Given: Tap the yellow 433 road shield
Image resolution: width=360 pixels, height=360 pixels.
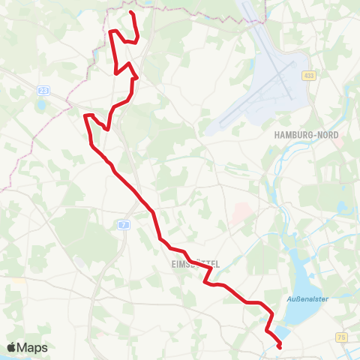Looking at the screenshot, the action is coord(309,76).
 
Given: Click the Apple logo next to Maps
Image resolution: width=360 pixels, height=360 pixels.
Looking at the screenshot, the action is coord(12,347).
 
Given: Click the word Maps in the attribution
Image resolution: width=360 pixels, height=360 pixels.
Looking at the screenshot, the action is coord(33,347).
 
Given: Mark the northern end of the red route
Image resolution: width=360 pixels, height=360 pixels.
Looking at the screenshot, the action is coord(131,13).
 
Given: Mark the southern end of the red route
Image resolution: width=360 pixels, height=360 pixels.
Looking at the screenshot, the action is coord(280,346).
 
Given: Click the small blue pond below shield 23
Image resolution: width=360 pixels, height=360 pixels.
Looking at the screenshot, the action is coord(41,105).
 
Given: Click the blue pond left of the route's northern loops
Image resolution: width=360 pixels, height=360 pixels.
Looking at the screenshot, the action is coord(96,54).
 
